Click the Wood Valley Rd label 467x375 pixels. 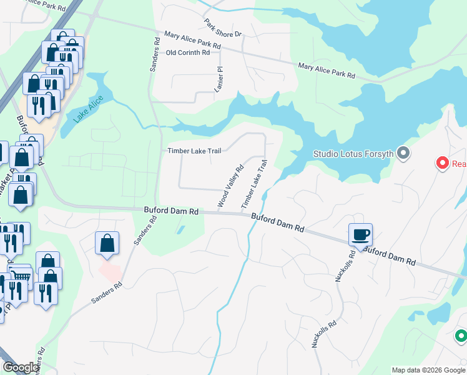click(230, 186)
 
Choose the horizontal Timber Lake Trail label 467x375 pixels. click(194, 151)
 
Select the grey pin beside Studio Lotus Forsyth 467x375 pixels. click(403, 152)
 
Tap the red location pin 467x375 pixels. click(443, 163)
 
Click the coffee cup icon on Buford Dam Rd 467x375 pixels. click(360, 234)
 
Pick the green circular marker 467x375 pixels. click(461, 336)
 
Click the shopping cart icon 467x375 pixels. click(21, 275)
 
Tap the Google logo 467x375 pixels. click(21, 367)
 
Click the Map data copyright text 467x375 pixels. click(428, 370)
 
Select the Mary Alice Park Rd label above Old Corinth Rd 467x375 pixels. click(192, 41)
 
